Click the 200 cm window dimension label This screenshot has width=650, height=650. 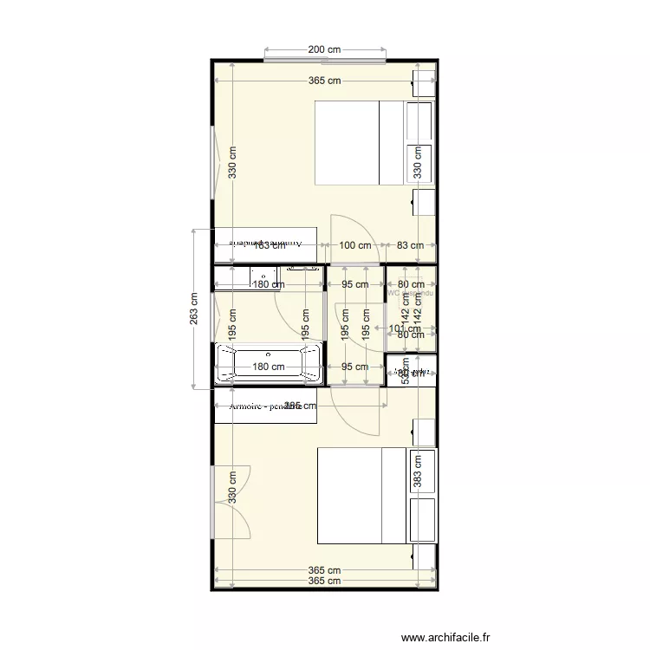click(324, 50)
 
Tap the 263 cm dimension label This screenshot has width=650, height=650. click(193, 308)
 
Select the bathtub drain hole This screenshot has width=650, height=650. click(270, 354)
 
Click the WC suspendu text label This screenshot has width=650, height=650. click(411, 293)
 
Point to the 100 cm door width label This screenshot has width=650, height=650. click(354, 245)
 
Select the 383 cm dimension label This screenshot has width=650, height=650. click(417, 472)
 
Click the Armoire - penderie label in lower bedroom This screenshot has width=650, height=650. click(264, 406)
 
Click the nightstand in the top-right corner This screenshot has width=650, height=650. click(423, 83)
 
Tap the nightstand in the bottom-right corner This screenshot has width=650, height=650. click(423, 556)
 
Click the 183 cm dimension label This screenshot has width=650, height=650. click(269, 245)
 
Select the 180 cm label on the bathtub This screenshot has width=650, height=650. click(269, 367)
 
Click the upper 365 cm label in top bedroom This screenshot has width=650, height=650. click(324, 81)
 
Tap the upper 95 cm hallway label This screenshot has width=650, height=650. click(354, 284)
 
